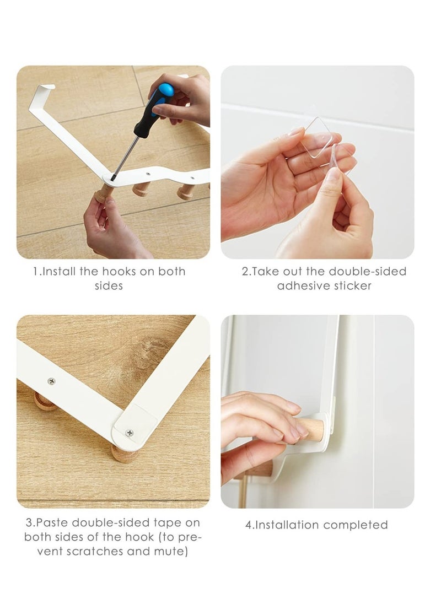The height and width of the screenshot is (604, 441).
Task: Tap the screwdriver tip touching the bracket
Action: (x=112, y=177)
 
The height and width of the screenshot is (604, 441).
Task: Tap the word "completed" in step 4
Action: (x=356, y=525)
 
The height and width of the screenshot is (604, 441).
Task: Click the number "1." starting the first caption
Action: (x=36, y=271)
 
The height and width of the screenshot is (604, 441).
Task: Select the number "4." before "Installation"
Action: (x=249, y=525)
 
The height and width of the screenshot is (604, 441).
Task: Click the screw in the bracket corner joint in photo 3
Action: (x=130, y=433)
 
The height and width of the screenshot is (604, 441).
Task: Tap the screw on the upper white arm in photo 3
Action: (x=51, y=381)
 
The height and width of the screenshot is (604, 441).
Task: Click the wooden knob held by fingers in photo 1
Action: (x=103, y=195)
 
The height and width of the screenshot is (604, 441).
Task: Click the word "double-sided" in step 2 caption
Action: (x=367, y=271)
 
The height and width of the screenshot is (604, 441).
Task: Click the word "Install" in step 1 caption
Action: (x=58, y=271)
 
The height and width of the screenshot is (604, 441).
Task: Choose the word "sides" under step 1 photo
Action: (x=109, y=285)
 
